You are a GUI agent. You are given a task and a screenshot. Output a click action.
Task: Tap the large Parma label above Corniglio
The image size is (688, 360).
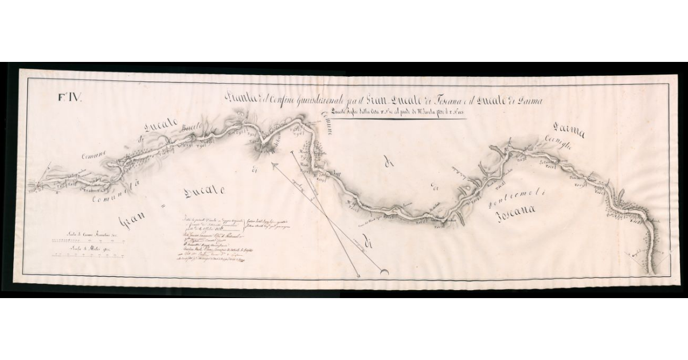[569, 133]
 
